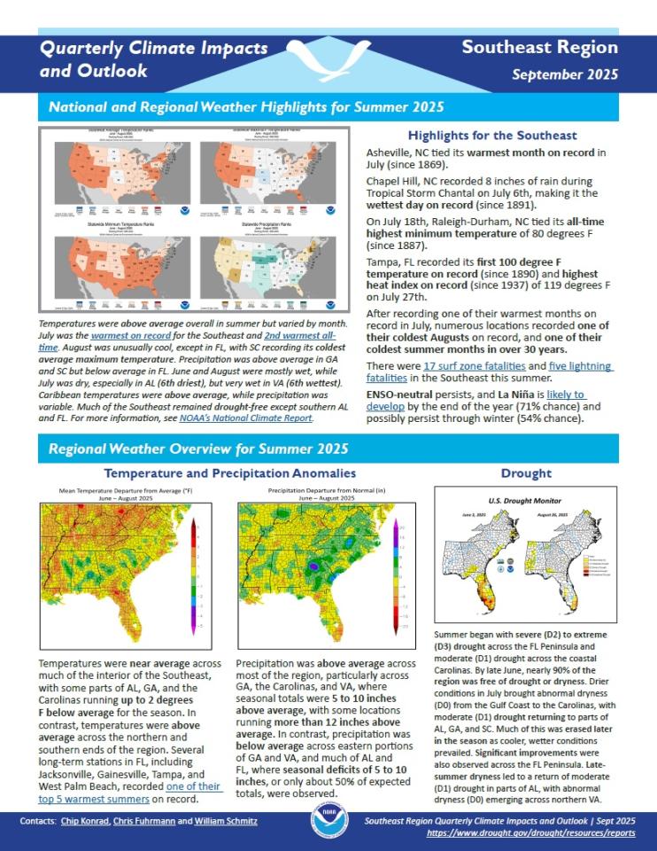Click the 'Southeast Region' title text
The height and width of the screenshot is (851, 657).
pyautogui.click(x=539, y=48)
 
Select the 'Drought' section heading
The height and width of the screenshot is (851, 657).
pyautogui.click(x=526, y=473)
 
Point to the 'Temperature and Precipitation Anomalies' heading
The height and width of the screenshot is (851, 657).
pyautogui.click(x=230, y=473)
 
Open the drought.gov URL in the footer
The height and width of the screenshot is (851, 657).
pyautogui.click(x=531, y=834)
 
